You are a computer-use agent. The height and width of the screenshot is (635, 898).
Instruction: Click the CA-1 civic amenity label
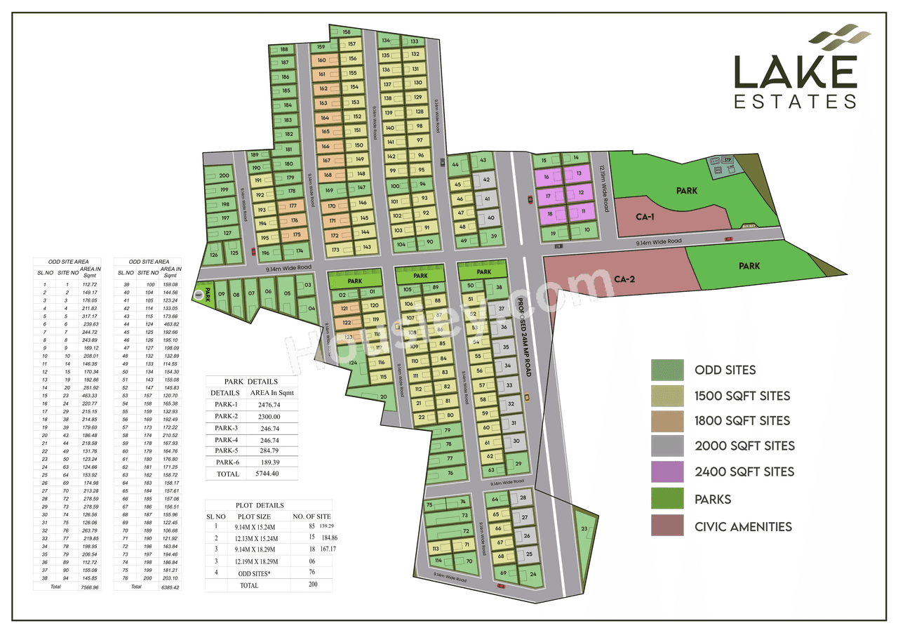[645, 218]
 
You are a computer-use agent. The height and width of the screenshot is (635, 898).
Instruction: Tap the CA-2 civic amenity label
[624, 279]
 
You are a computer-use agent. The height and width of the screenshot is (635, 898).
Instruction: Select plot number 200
[224, 175]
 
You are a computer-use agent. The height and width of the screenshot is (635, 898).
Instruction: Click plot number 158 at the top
[347, 32]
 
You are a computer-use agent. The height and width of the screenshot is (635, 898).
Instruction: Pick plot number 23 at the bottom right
[584, 529]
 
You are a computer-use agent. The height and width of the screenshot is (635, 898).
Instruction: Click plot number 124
[353, 363]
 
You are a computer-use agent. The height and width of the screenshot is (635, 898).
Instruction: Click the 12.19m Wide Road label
[601, 182]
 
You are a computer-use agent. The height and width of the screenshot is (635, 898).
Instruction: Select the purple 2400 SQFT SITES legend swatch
[666, 472]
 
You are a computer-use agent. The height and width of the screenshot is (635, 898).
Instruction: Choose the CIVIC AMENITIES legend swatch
[666, 526]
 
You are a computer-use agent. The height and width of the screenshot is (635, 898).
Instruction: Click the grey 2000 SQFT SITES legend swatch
[666, 446]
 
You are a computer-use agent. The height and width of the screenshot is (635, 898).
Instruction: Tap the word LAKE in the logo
[795, 72]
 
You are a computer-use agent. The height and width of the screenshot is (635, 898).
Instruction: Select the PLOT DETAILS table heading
[260, 505]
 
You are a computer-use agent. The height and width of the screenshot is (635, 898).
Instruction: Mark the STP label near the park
[728, 160]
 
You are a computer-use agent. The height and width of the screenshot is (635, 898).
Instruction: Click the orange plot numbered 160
[323, 60]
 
